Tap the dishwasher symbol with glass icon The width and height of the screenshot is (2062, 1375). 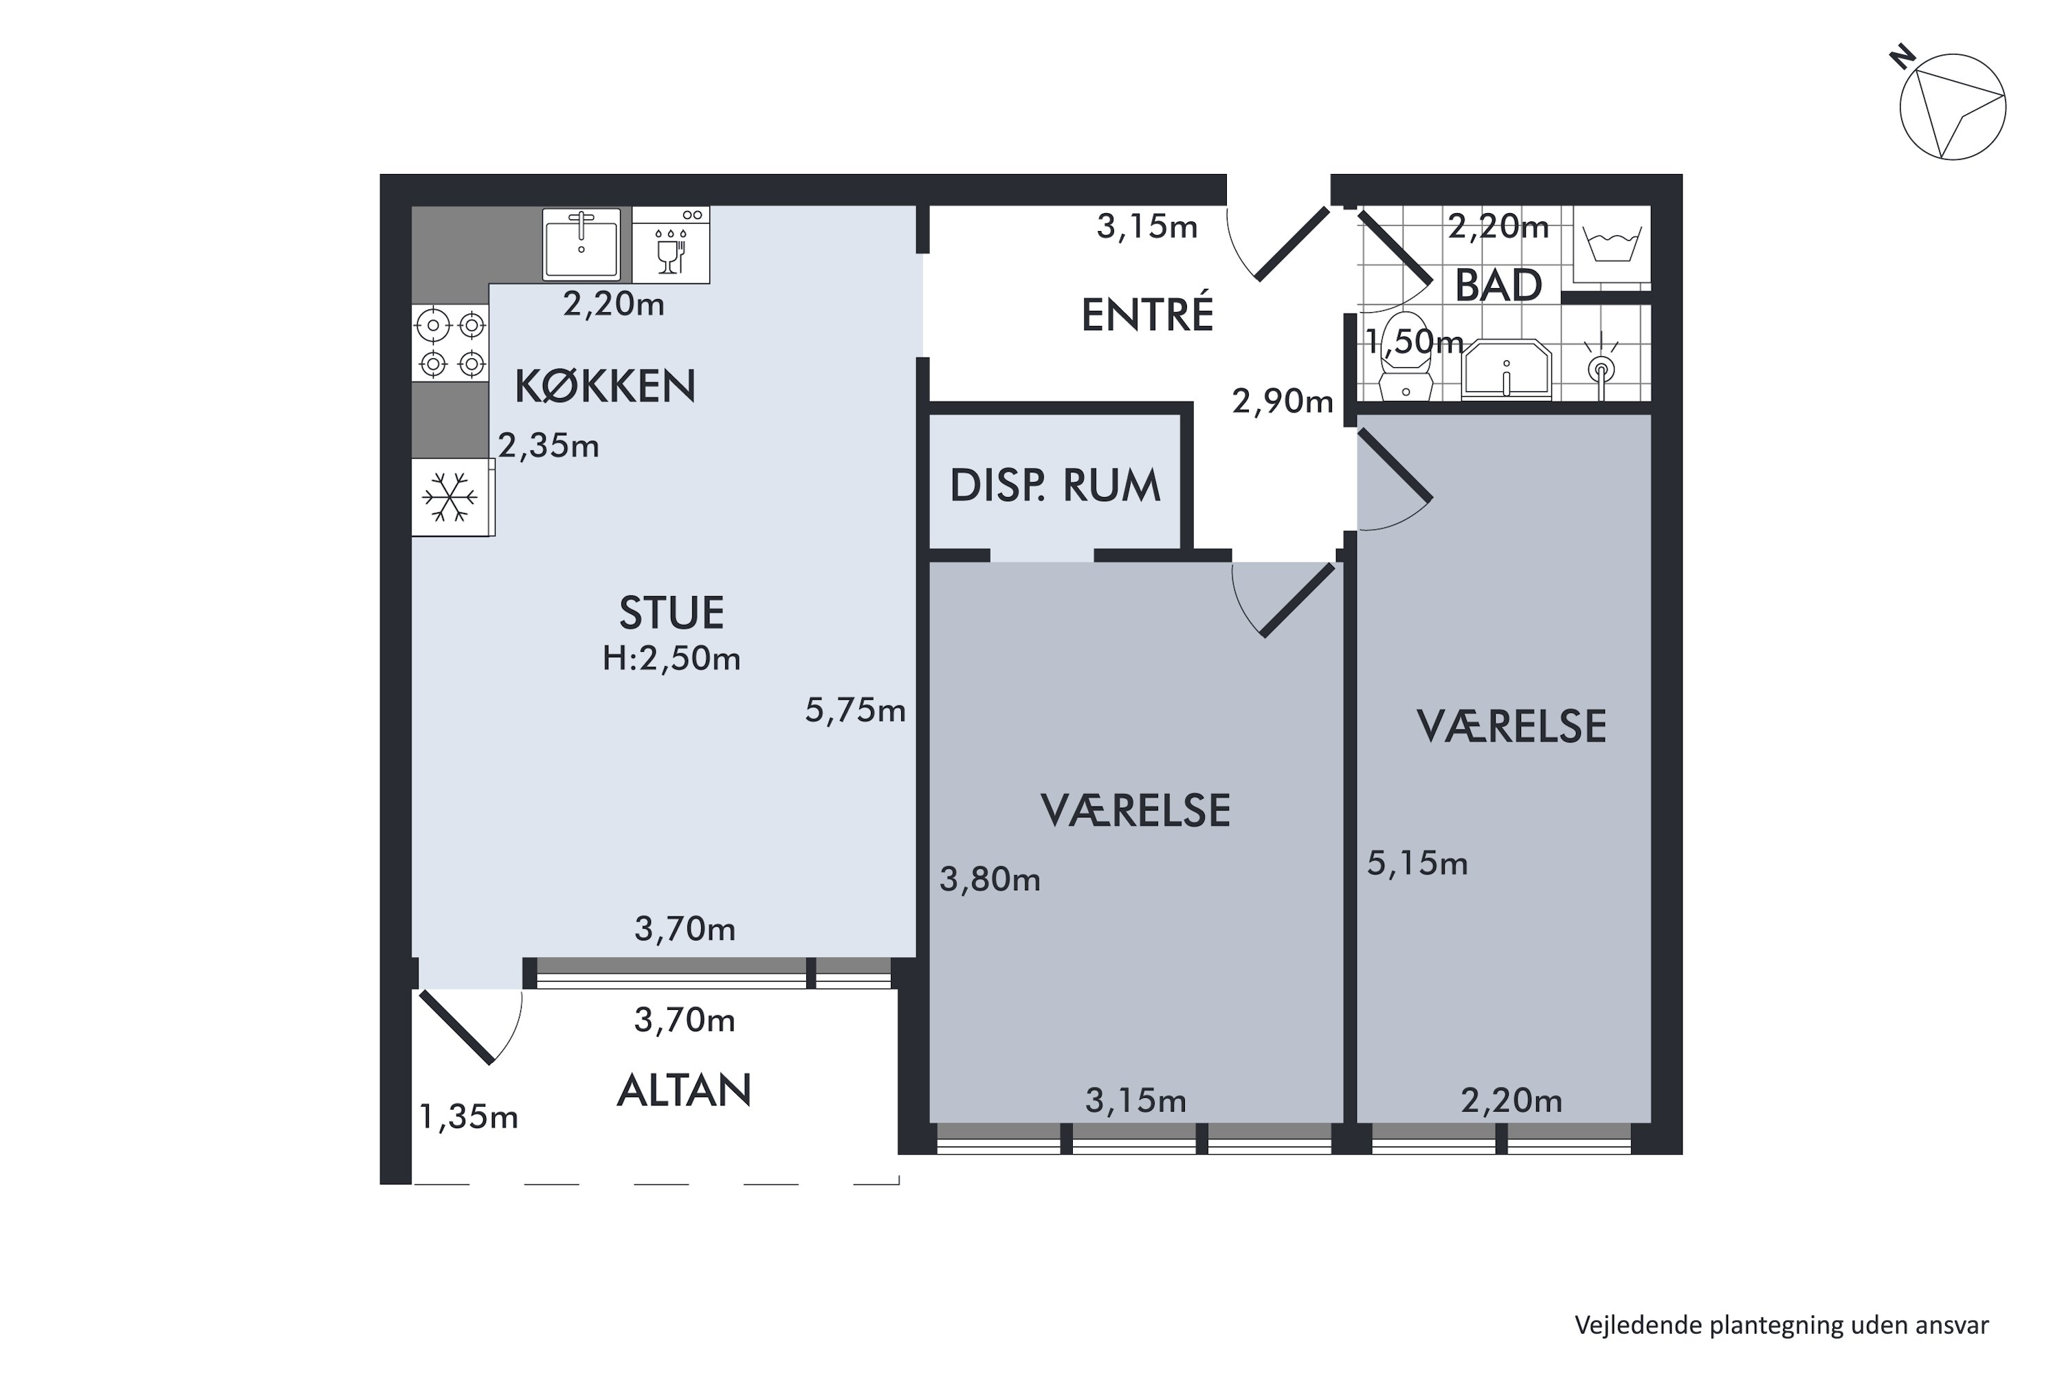[671, 245]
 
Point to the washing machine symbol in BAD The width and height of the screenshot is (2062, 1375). [1611, 244]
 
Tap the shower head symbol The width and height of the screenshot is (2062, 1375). [1601, 366]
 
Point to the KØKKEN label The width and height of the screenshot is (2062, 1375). [605, 386]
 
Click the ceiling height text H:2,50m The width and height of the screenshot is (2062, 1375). [671, 659]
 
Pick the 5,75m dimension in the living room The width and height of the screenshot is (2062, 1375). [855, 710]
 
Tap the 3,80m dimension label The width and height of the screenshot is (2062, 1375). [990, 879]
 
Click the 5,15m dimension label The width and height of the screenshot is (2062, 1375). [1417, 863]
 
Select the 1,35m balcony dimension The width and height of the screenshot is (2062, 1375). [468, 1117]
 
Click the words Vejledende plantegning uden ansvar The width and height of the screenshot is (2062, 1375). [1782, 1324]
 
